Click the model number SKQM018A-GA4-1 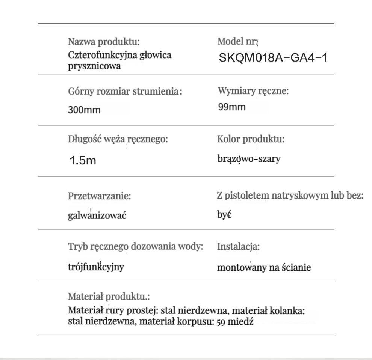(274, 58)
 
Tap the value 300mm (84, 110)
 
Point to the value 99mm (232, 107)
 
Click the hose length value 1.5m (83, 161)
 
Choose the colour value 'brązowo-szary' (249, 159)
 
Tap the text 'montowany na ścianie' (264, 268)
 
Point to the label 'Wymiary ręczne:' (253, 91)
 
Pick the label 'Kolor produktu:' (251, 139)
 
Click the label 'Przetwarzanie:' (100, 196)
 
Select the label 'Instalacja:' (239, 247)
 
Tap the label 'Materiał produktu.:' (109, 297)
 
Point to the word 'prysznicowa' (94, 66)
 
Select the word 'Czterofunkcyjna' (98, 55)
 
